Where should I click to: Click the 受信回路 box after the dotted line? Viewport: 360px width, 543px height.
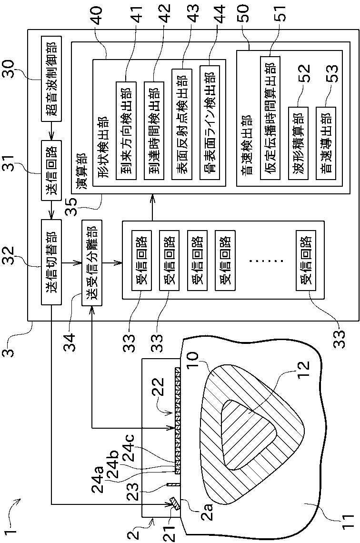pyautogui.click(x=304, y=260)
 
